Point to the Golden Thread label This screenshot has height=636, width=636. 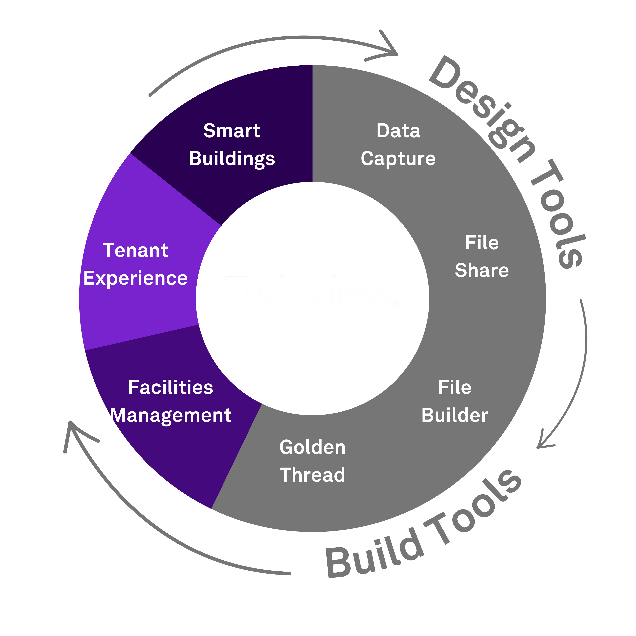click(312, 461)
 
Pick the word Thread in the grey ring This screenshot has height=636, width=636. click(312, 475)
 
